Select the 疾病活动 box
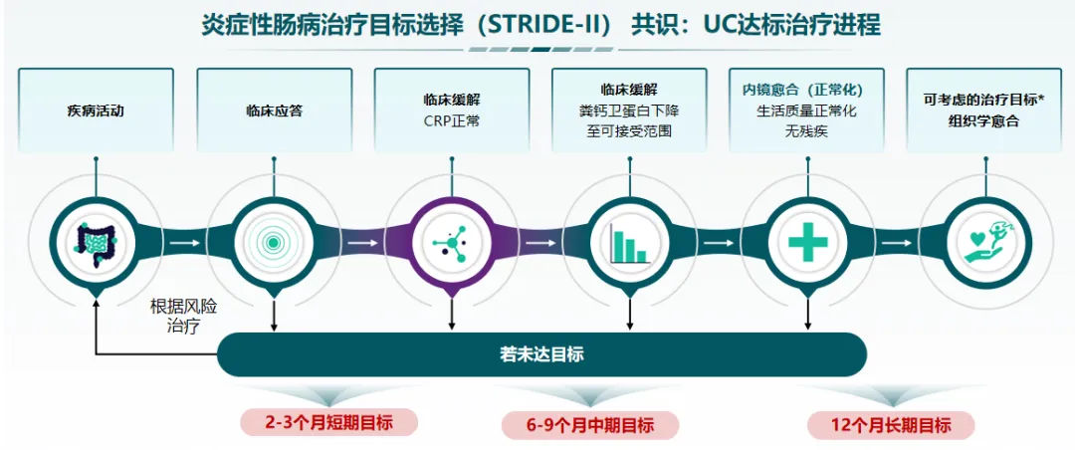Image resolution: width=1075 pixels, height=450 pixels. (x=96, y=111)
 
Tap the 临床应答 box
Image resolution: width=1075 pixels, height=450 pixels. (x=274, y=111)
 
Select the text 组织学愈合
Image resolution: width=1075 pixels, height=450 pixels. (x=984, y=121)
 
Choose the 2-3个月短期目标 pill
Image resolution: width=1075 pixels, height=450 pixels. (x=328, y=422)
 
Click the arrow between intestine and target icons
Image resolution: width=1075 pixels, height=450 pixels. (x=184, y=242)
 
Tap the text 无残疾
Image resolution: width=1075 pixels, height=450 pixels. (x=806, y=130)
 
